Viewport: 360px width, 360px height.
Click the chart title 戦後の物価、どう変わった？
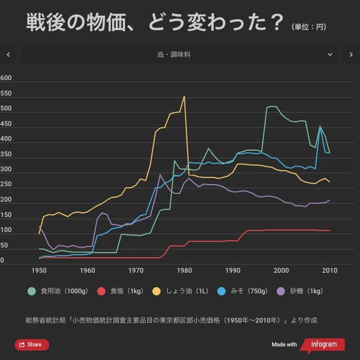pos(155,22)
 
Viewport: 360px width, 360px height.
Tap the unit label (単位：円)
pos(309,27)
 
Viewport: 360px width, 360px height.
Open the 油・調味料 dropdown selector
pos(180,54)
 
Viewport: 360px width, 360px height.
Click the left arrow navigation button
pos(8,54)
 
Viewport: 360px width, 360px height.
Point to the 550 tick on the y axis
pos(6,93)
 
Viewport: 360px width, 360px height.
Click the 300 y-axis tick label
pos(6,169)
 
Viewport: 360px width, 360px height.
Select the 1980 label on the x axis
pos(184,271)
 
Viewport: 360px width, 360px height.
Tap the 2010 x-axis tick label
pos(329,271)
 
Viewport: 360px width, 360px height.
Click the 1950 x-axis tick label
pos(39,271)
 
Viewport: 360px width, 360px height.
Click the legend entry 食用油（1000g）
pos(58,291)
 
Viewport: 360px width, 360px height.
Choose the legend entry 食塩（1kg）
pos(121,291)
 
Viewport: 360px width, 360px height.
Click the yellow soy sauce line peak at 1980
pos(184,96)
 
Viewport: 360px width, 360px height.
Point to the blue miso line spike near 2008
pos(320,126)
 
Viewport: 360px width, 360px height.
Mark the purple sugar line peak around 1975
pos(160,174)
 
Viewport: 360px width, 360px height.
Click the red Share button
pos(32,345)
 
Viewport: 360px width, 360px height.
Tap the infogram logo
pos(322,345)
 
